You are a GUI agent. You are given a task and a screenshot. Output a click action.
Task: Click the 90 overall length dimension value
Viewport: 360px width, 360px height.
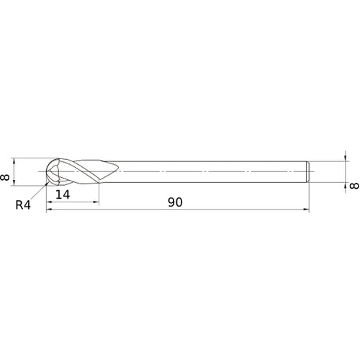pos(175,202)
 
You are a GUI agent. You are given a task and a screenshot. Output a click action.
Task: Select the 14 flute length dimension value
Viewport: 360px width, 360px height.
pos(62,195)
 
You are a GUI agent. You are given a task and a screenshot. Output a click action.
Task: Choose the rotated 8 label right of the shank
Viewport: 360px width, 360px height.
pos(354,186)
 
